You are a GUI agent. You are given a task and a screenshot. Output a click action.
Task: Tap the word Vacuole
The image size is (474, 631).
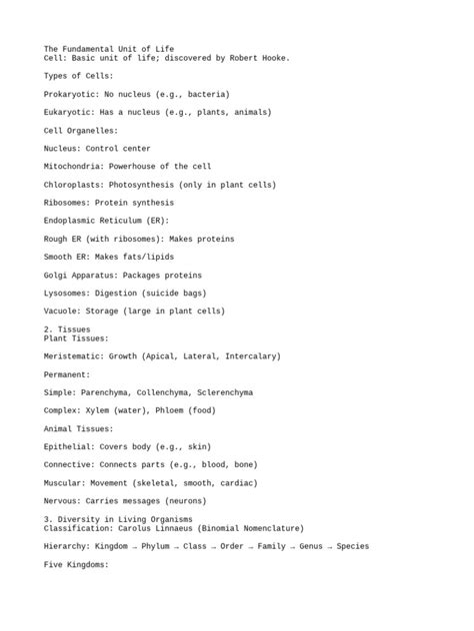[x=61, y=312]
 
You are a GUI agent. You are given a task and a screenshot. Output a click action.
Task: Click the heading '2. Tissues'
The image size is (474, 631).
[x=67, y=328]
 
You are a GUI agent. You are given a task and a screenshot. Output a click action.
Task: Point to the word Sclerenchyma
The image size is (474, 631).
[x=221, y=392]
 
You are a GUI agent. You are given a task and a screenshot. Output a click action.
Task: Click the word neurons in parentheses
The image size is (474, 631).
[x=186, y=501]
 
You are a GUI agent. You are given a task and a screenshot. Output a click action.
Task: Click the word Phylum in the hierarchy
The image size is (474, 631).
[x=155, y=546]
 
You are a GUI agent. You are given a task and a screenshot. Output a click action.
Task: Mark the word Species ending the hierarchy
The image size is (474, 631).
[x=352, y=546]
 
